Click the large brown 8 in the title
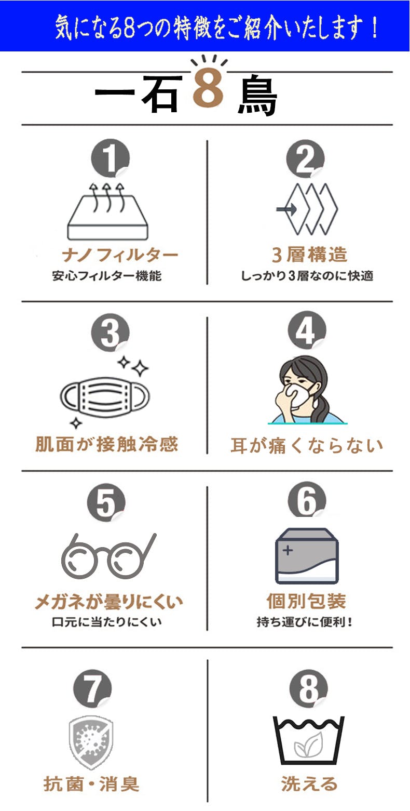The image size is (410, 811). click(x=208, y=89)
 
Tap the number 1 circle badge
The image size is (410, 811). click(x=110, y=158)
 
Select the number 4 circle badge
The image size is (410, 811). click(x=307, y=330)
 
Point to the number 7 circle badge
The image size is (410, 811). click(x=92, y=688)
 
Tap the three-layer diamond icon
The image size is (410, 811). click(x=307, y=209)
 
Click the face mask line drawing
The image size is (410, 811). click(x=105, y=395)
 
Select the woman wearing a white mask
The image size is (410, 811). click(x=307, y=390)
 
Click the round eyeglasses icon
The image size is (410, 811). click(x=108, y=556)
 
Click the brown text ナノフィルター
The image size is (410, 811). click(x=120, y=255)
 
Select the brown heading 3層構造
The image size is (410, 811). click(x=309, y=254)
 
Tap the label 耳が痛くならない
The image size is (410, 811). click(x=307, y=445)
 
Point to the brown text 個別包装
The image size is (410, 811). click(x=306, y=602)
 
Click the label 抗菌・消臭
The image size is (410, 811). click(x=91, y=784)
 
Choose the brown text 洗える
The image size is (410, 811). click(x=309, y=784)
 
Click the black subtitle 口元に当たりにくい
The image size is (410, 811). click(x=107, y=622)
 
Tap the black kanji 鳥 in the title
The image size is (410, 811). click(x=257, y=95)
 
